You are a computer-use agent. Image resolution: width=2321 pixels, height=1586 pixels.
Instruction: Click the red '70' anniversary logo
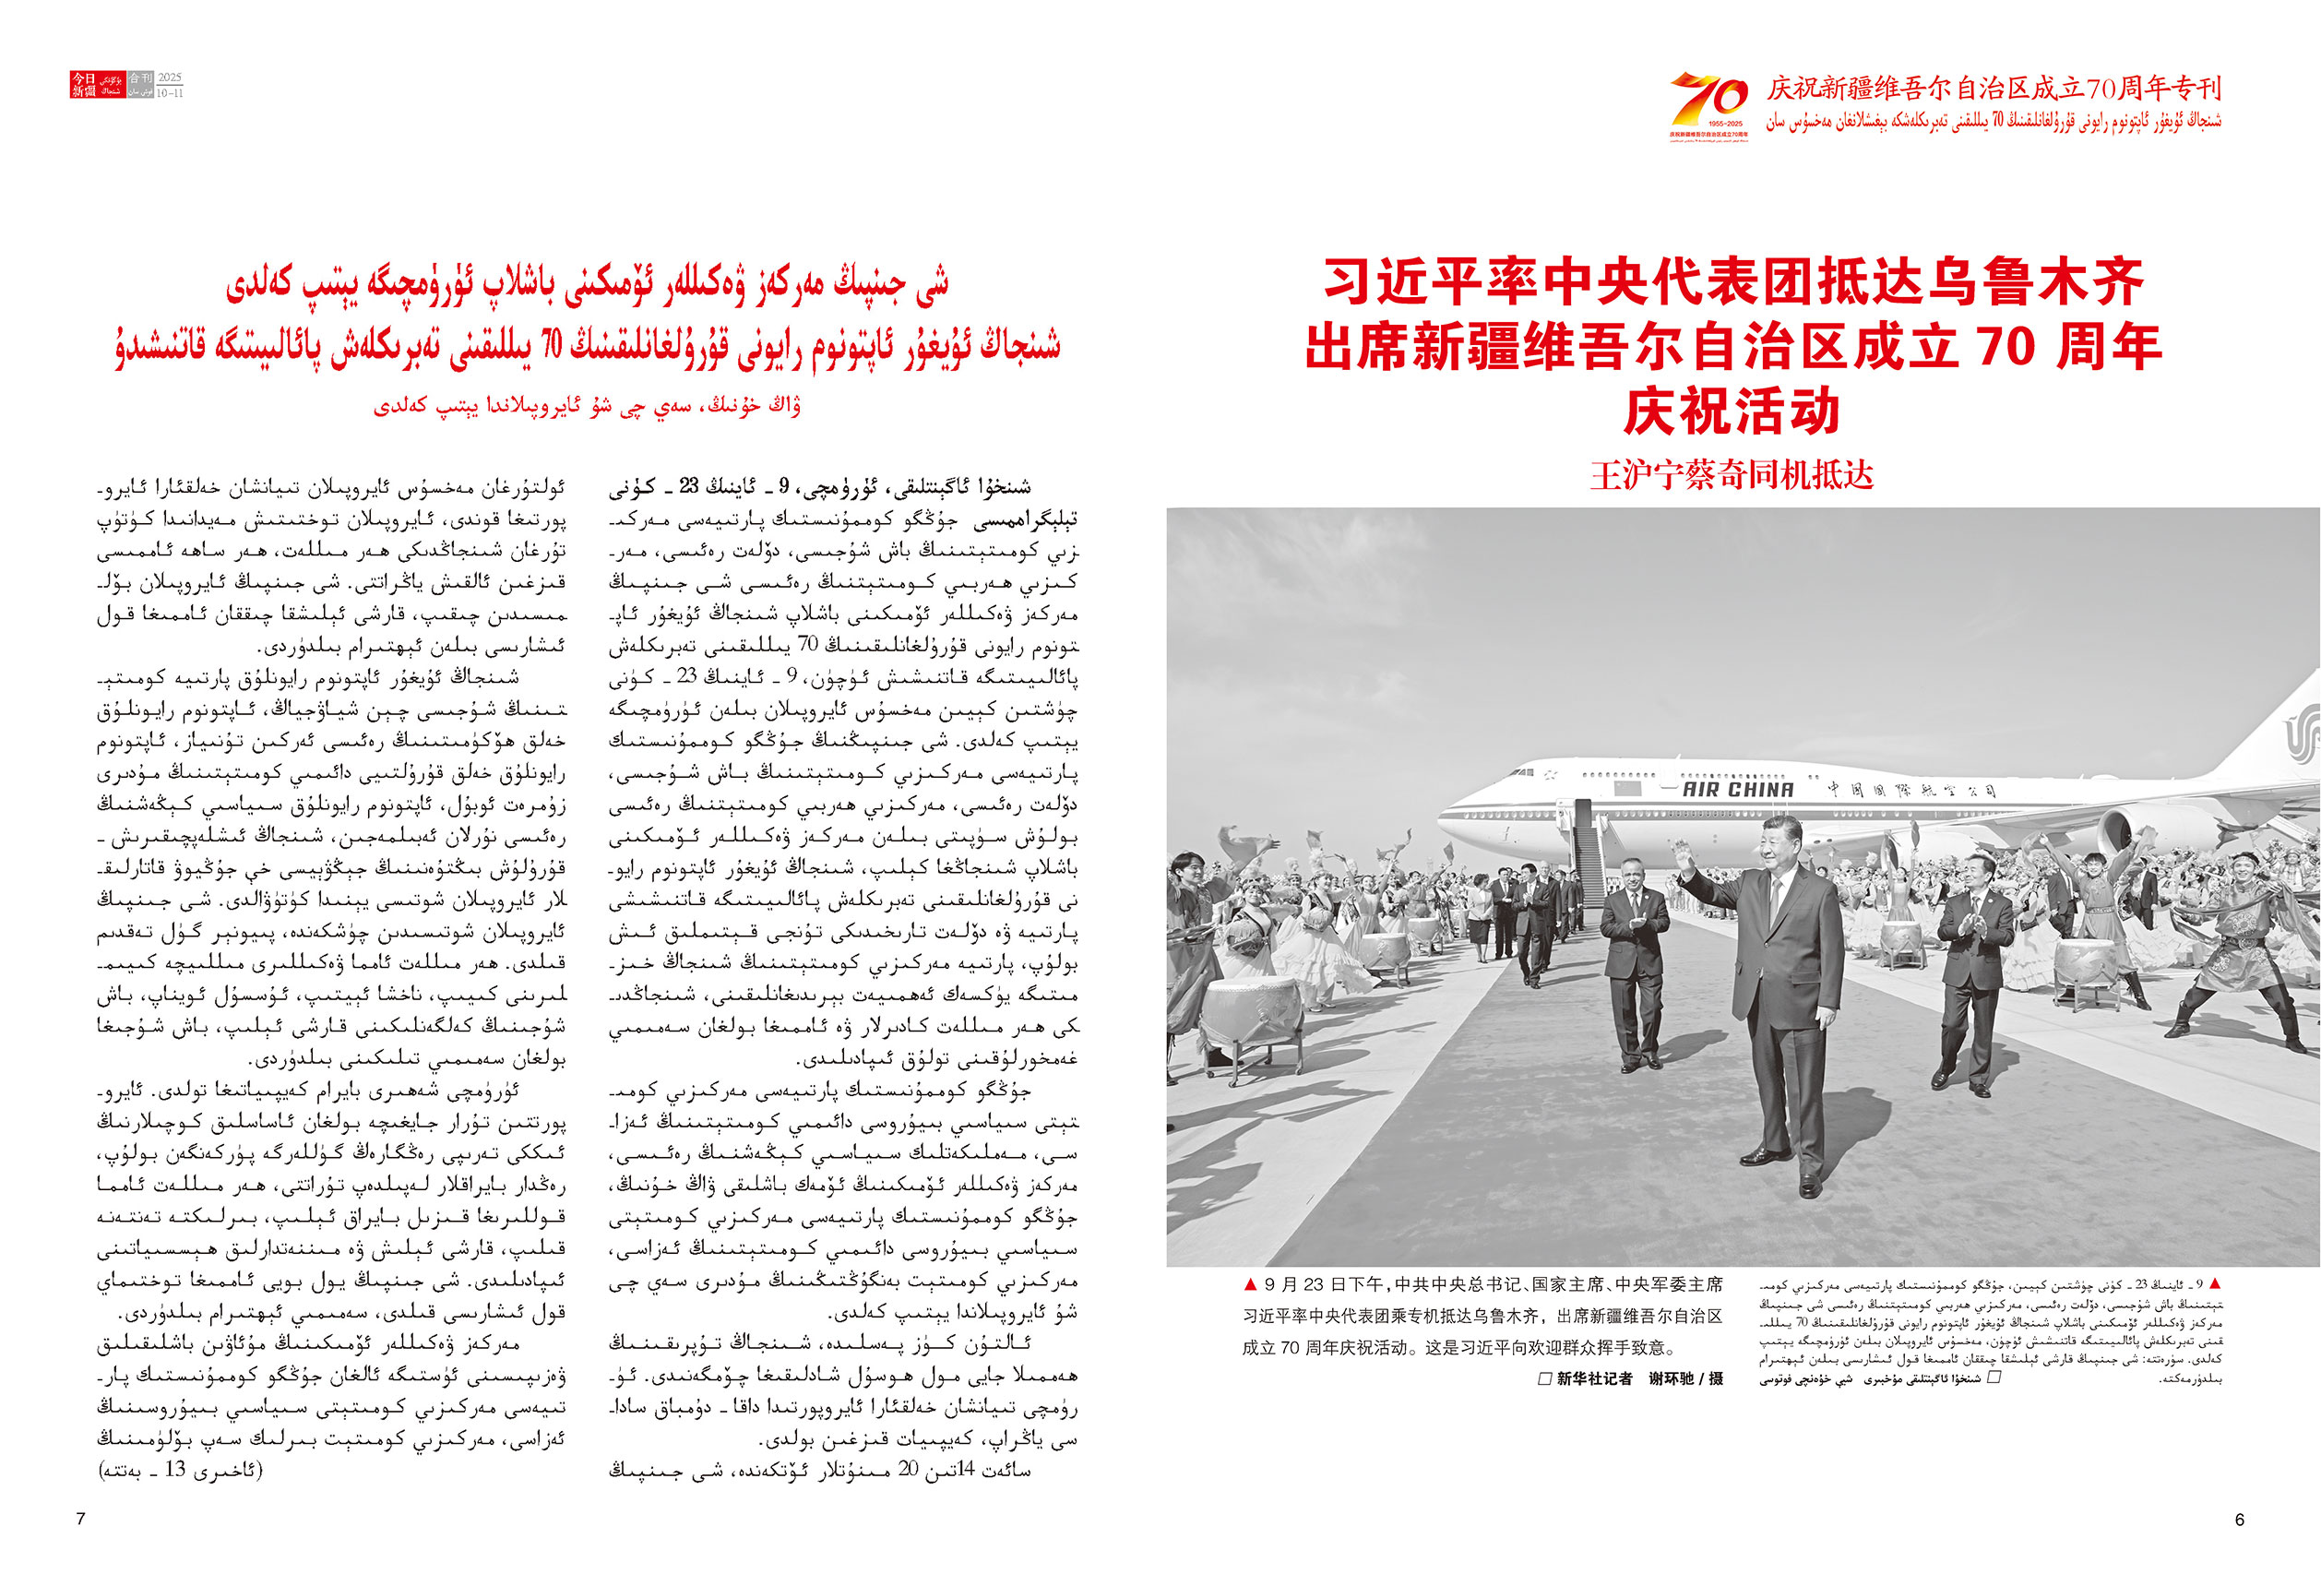pyautogui.click(x=1709, y=101)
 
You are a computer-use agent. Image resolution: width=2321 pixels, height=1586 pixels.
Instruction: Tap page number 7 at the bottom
pyautogui.click(x=81, y=1519)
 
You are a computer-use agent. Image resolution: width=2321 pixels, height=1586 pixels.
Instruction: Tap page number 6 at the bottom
pyautogui.click(x=2239, y=1519)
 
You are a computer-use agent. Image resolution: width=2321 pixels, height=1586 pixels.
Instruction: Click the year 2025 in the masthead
pyautogui.click(x=170, y=78)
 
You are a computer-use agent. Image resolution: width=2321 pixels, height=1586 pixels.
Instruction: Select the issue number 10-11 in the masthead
pyautogui.click(x=170, y=93)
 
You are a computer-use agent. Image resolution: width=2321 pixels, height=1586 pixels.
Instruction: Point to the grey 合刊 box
pyautogui.click(x=141, y=85)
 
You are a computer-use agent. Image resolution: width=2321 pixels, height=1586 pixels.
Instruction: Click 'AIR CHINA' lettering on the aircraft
pyautogui.click(x=1738, y=790)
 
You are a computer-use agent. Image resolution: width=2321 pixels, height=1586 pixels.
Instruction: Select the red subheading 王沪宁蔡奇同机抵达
pyautogui.click(x=1731, y=475)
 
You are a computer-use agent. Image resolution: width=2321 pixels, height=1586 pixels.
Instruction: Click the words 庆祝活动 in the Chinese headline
pyautogui.click(x=1731, y=411)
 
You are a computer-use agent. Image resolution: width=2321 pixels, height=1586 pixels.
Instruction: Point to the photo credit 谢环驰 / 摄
pyautogui.click(x=1684, y=1378)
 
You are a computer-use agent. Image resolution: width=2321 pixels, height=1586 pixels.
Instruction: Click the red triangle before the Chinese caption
pyautogui.click(x=1249, y=1284)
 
